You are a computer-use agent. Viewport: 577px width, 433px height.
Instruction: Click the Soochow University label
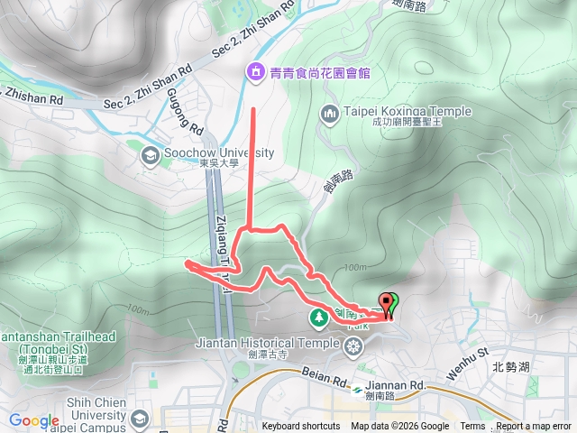(218, 152)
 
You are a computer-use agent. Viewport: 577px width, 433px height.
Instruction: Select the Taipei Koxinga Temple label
(395, 112)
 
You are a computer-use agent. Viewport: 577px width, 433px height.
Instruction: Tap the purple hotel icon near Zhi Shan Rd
(255, 71)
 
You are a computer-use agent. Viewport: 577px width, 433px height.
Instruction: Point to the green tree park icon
(319, 317)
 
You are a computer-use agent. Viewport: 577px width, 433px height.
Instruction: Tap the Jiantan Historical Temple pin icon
(352, 343)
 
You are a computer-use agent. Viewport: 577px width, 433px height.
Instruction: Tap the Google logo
(33, 421)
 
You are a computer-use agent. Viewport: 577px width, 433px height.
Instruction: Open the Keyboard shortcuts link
(301, 427)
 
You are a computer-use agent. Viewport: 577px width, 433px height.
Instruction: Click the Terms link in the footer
(472, 427)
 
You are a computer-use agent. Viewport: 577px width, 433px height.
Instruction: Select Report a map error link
(535, 427)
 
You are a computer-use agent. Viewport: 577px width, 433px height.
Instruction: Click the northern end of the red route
(252, 110)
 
